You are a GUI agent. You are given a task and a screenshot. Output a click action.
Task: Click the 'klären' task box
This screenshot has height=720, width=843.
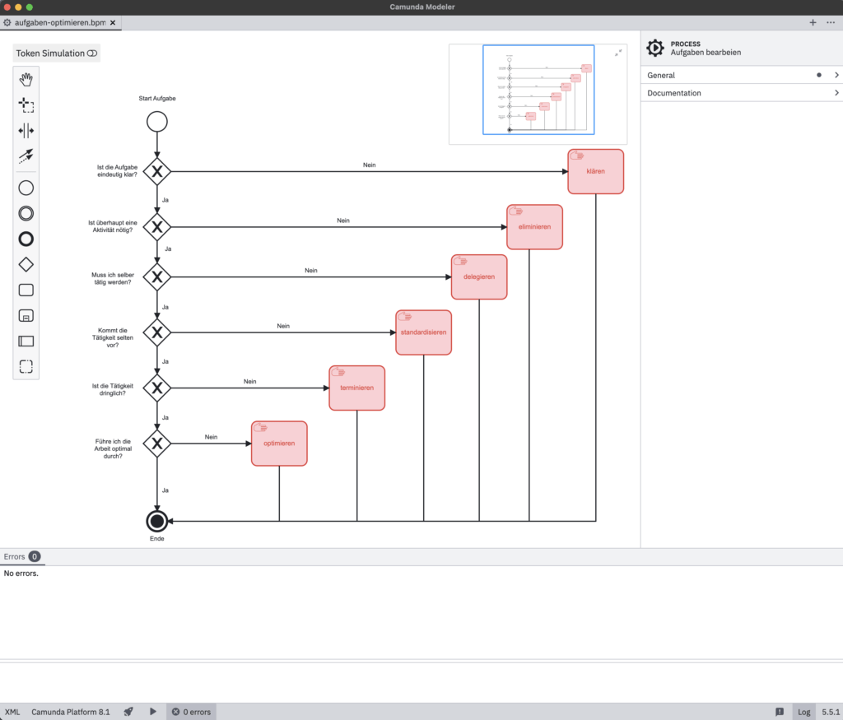click(x=595, y=171)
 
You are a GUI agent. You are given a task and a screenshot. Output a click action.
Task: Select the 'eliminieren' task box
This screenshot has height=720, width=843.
click(x=534, y=226)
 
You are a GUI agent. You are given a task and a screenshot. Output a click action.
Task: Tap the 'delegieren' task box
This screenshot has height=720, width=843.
click(x=479, y=276)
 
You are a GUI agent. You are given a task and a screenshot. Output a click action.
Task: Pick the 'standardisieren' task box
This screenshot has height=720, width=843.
click(x=423, y=332)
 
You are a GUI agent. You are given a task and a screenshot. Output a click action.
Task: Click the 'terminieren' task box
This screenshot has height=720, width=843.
click(x=356, y=388)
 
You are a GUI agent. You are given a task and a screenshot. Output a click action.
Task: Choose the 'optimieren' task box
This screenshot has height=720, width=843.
click(x=279, y=444)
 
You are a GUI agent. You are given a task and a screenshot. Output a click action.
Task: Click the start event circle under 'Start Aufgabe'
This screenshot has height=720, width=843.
click(x=156, y=122)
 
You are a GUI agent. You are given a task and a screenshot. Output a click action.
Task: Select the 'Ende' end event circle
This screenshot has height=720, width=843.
click(x=156, y=521)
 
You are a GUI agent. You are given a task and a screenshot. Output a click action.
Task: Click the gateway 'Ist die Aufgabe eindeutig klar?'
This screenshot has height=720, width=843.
click(x=156, y=171)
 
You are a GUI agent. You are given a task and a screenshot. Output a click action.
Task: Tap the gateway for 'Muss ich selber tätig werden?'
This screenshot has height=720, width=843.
click(x=156, y=276)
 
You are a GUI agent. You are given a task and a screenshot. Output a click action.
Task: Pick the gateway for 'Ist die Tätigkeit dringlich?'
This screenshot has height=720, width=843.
click(x=156, y=388)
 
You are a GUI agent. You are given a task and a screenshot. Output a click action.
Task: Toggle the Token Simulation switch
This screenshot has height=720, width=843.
click(x=91, y=53)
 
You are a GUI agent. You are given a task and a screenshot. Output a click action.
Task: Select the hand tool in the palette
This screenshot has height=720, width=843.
click(x=26, y=80)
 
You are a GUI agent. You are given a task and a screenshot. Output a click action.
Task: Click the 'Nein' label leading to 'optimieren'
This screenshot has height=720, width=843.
click(x=211, y=437)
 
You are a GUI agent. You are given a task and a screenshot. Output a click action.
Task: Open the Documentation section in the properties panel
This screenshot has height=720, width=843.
click(x=741, y=93)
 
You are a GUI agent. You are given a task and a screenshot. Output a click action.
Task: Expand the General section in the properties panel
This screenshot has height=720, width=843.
click(x=741, y=75)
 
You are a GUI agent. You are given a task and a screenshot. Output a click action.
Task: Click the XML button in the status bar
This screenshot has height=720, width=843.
click(x=12, y=712)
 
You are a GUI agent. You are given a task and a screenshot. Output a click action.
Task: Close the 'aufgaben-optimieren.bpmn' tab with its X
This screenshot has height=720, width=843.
click(x=112, y=23)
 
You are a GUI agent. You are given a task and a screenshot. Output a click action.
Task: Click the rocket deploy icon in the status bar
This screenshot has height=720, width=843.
click(x=128, y=712)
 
